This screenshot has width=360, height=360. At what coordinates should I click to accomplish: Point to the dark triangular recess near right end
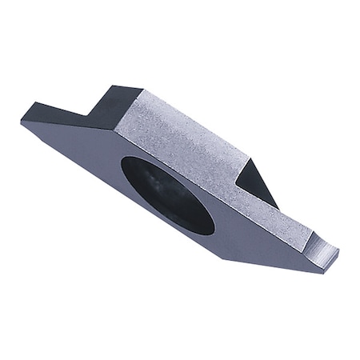(254, 182)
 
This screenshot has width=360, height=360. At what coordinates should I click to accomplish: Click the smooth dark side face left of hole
(88, 160)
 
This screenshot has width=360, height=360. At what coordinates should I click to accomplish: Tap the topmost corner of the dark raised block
(141, 86)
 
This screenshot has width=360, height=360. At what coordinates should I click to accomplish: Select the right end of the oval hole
(214, 224)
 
